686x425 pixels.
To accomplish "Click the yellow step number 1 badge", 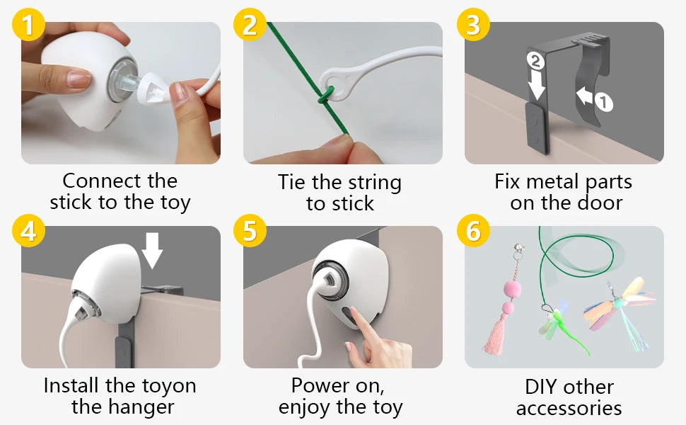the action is point(28,25).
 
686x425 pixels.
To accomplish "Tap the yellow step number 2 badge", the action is point(250,25).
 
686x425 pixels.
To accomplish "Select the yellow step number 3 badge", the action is point(473,25).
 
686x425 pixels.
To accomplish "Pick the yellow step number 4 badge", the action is point(28,230).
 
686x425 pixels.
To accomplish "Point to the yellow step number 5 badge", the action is point(250,230).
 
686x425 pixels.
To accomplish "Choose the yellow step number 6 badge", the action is point(473,230).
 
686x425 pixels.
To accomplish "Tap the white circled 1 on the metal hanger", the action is point(604,103).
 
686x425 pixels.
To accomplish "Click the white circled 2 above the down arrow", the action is point(535,61).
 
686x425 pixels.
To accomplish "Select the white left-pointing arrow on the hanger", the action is point(585,95).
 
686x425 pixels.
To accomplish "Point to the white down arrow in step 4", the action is point(152,250).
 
